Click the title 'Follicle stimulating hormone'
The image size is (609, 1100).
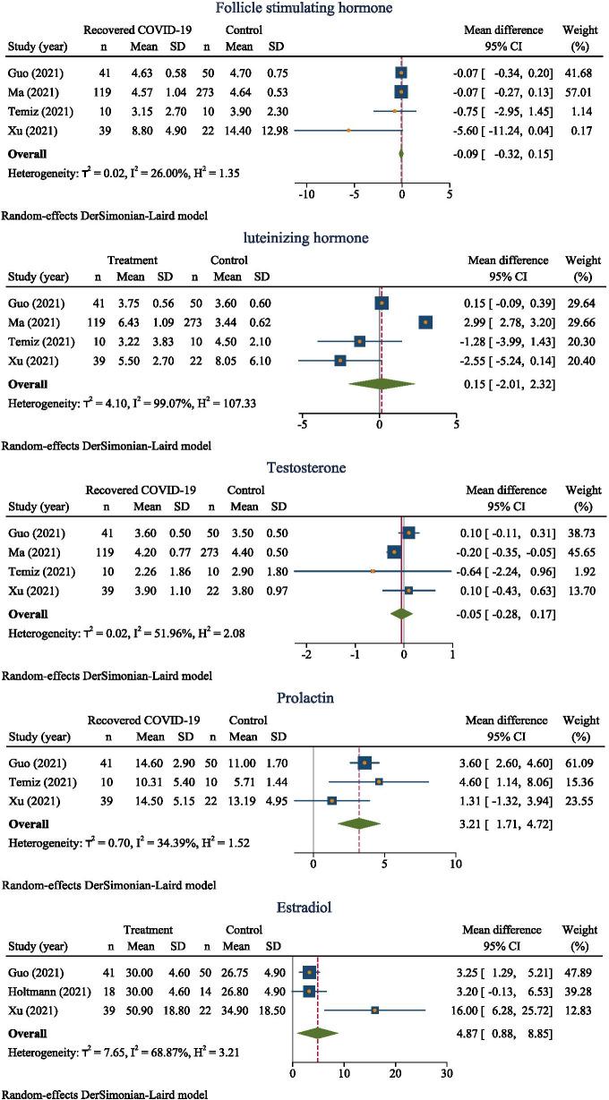304,10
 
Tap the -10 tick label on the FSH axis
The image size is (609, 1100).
306,192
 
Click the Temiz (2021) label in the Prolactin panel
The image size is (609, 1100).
33,781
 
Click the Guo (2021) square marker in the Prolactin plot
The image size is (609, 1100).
365,763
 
